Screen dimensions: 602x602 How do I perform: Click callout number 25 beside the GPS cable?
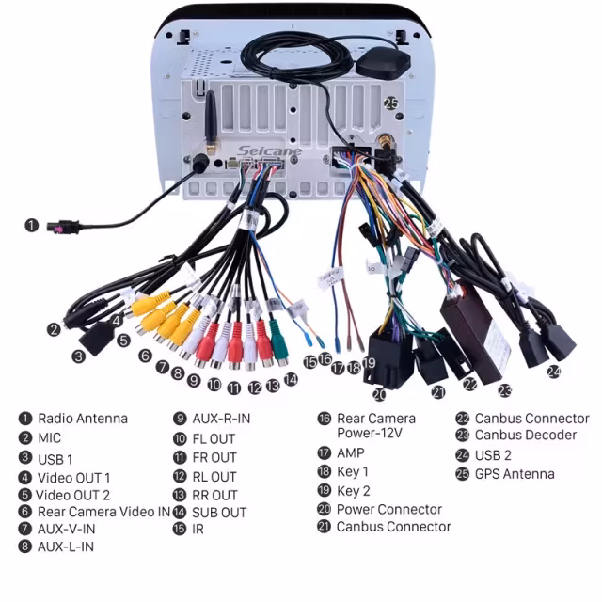point(390,104)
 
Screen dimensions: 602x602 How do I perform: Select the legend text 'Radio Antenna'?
point(83,419)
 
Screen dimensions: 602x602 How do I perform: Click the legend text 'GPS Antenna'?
point(515,474)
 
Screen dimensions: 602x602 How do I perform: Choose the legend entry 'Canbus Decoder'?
point(526,436)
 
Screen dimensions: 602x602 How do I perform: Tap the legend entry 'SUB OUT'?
point(219,513)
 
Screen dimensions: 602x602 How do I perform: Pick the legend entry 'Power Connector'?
point(389,510)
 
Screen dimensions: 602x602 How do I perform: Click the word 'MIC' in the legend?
point(50,437)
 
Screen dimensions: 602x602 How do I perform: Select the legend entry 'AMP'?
point(351,452)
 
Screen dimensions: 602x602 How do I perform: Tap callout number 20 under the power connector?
point(379,395)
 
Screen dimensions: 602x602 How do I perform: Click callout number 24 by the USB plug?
point(554,372)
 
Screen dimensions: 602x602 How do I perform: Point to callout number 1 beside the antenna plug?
point(32,226)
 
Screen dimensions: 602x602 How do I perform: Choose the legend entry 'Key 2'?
point(354,491)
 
